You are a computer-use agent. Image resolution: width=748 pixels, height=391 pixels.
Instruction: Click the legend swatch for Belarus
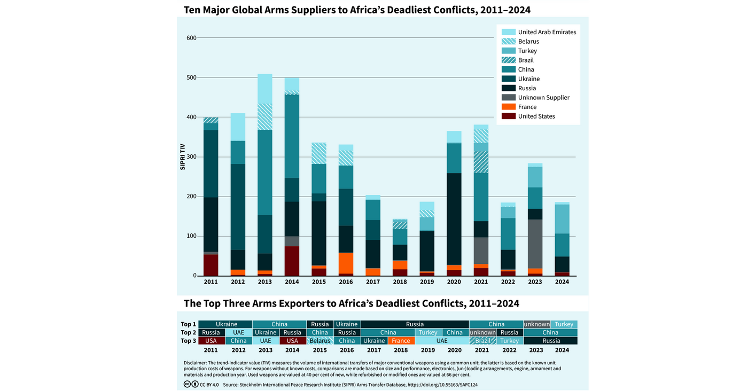coord(509,42)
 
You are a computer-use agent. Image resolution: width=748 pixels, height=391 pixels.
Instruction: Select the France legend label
coord(527,107)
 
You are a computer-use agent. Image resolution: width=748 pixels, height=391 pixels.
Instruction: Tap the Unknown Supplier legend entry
coord(543,98)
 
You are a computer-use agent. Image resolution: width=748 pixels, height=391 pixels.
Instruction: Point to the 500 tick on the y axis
coord(191,77)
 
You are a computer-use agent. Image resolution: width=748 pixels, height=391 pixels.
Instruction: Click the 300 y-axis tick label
coord(191,157)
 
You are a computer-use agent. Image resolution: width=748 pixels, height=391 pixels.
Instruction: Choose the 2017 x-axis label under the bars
coord(374,281)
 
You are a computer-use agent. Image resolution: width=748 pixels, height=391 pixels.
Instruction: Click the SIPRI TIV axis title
coord(182,157)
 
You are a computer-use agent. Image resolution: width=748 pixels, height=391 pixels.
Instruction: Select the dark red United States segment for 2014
coord(292,261)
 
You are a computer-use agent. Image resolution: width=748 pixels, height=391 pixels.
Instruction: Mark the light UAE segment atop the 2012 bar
coord(238,127)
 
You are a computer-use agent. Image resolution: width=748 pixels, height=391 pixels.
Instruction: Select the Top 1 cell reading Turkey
coord(564,324)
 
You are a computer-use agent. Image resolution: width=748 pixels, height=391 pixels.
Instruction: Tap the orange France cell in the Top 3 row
coord(401,341)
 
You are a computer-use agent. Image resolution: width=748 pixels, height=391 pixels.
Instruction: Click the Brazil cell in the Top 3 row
coord(482,341)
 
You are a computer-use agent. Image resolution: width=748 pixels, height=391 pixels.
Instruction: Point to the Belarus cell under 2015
coord(320,341)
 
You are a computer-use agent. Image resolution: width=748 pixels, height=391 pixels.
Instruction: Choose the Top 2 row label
coord(188,333)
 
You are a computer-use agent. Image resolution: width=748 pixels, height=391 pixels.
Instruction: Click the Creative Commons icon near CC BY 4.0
coord(187,384)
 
